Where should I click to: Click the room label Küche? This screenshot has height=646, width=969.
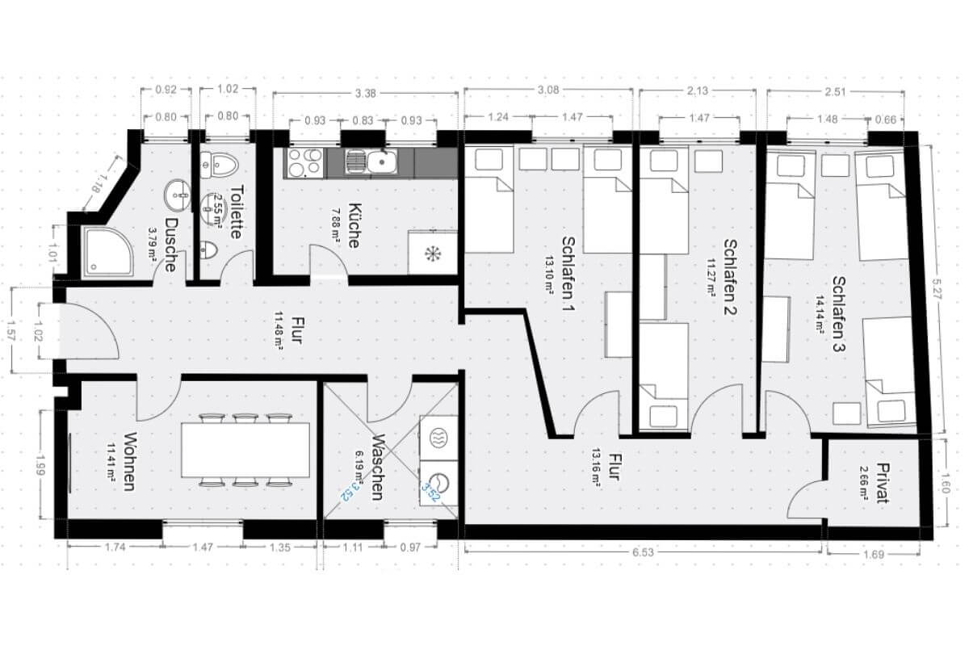(x=354, y=224)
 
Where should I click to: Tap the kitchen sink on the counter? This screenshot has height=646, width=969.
(x=380, y=164)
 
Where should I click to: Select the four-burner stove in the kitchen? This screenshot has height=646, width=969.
(x=305, y=164)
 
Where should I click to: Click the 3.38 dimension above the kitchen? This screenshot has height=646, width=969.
(x=366, y=93)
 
